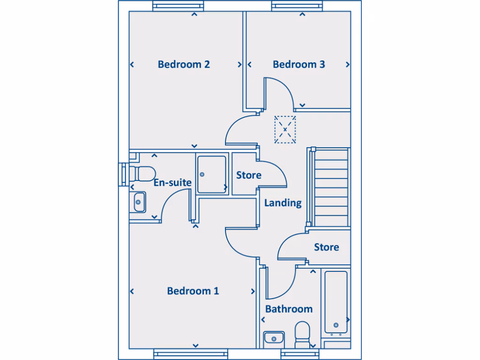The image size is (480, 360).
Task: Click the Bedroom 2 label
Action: click(184, 64)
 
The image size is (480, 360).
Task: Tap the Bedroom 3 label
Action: click(299, 64)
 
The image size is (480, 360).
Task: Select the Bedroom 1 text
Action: click(193, 291)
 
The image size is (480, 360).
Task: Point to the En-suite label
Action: click(172, 182)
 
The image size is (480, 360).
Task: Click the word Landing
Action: click(283, 203)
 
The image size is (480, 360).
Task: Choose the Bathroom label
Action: click(289, 309)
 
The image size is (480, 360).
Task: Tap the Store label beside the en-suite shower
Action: click(248, 175)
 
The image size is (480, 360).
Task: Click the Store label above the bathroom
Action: click(326, 247)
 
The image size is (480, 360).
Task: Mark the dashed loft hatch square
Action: click(285, 129)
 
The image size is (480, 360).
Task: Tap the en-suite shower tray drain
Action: click(202, 174)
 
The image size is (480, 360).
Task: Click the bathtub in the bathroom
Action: click(336, 302)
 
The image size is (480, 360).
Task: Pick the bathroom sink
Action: click(274, 337)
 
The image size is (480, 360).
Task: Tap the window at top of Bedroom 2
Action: click(179, 6)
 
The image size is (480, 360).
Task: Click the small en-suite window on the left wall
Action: click(122, 174)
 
